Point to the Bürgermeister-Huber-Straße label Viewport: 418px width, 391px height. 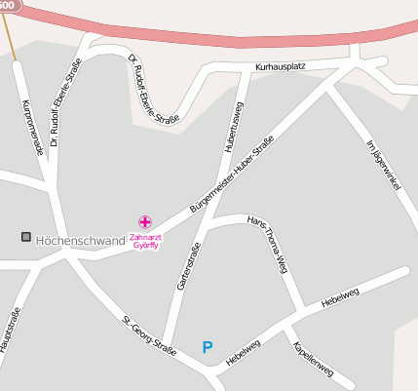click(x=233, y=176)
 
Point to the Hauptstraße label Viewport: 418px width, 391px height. click(x=10, y=331)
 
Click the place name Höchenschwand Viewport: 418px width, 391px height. click(x=80, y=240)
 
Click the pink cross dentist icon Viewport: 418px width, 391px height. click(x=145, y=222)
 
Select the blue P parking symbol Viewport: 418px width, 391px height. click(x=207, y=346)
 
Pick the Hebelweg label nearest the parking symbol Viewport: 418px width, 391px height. click(x=244, y=353)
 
